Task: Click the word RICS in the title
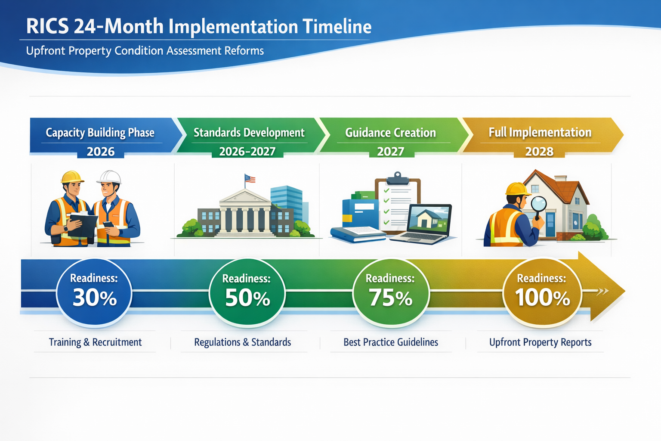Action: (x=47, y=27)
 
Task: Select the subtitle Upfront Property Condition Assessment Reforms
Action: (x=145, y=51)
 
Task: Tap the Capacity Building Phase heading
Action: (x=100, y=133)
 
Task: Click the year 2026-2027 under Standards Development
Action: (x=247, y=152)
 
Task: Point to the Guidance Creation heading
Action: (x=390, y=133)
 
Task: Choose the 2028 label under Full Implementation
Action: (x=539, y=152)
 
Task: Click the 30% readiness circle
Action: (x=94, y=293)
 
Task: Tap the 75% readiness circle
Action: (x=390, y=293)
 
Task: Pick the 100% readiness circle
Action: (x=542, y=293)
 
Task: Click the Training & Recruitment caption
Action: (x=95, y=342)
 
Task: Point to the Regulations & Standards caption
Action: (x=242, y=342)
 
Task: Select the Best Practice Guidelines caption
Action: (x=390, y=342)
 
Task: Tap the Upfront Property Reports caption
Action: (x=540, y=342)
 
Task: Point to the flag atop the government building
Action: (x=250, y=178)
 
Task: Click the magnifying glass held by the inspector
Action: (x=538, y=203)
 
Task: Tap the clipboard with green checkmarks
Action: (x=398, y=202)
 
